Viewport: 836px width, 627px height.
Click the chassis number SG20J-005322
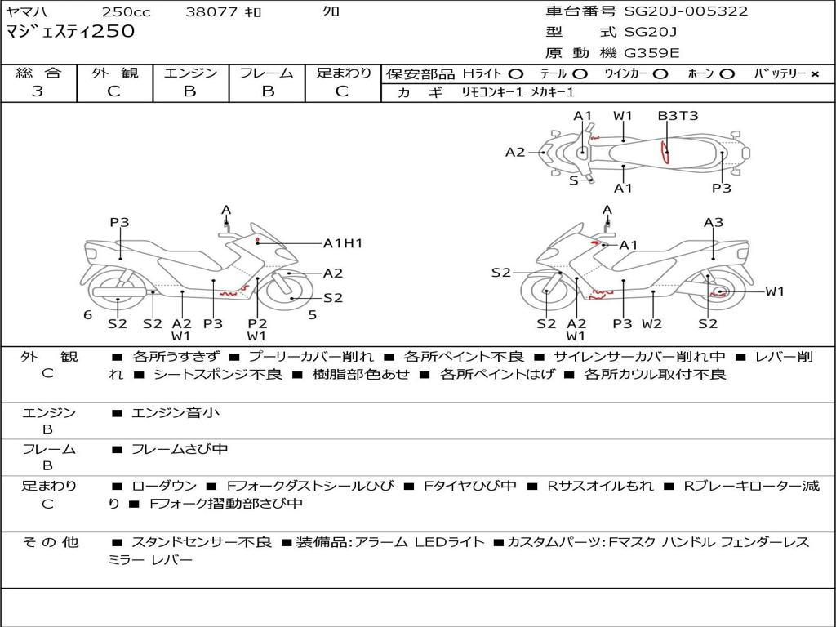686,11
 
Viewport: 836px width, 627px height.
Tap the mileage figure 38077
211,11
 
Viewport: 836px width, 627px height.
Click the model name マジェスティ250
70,31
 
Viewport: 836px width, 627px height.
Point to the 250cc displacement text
126,11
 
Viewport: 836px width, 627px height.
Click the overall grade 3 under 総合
38,91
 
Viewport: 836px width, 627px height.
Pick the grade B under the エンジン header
189,91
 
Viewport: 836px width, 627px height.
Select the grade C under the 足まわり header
342,91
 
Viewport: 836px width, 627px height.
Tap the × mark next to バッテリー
814,74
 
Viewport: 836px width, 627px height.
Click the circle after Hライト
516,74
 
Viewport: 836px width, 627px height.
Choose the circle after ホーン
727,74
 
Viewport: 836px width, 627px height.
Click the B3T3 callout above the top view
678,116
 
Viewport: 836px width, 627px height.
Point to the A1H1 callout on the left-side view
343,243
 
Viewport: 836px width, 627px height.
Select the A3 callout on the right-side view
714,222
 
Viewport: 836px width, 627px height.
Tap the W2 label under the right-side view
651,323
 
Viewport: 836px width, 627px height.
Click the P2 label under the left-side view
257,323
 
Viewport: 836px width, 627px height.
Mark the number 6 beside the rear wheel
88,315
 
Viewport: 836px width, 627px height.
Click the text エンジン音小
176,412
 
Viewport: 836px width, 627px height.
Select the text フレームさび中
180,450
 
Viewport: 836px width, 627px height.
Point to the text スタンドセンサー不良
202,542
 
